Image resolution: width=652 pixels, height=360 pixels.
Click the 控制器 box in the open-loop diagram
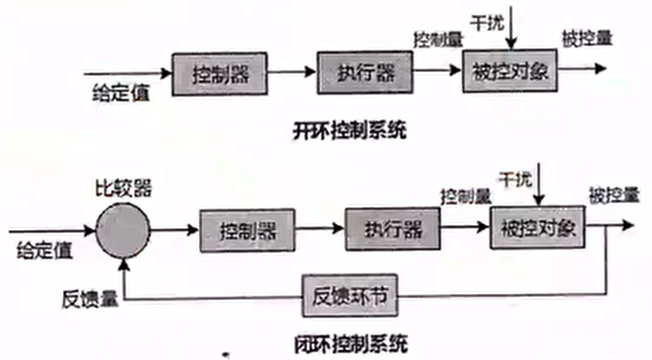click(x=219, y=74)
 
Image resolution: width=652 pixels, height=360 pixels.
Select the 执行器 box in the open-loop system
click(x=365, y=73)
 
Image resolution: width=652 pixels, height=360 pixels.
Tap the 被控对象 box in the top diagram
click(x=510, y=71)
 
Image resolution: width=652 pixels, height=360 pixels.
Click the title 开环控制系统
click(x=349, y=131)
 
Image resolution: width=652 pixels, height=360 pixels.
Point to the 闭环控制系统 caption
click(x=351, y=345)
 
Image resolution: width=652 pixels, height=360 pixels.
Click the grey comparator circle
click(x=123, y=231)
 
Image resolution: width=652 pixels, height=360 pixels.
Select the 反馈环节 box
click(x=350, y=295)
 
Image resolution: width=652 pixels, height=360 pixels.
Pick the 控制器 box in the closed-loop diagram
click(x=247, y=231)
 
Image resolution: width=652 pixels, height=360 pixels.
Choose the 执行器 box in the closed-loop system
click(x=393, y=229)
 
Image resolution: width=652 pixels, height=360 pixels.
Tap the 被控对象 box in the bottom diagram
click(x=537, y=227)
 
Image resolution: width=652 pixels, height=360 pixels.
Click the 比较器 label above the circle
click(x=124, y=189)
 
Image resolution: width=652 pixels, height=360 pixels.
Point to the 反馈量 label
click(x=90, y=299)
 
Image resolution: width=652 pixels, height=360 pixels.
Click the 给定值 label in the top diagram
click(x=121, y=92)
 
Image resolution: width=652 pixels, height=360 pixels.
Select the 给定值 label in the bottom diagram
click(x=44, y=250)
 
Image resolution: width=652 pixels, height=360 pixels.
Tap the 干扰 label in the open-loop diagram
click(x=487, y=23)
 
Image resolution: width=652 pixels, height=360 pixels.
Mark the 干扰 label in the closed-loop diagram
click(x=515, y=180)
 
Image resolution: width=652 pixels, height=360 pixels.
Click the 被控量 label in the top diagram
click(x=587, y=38)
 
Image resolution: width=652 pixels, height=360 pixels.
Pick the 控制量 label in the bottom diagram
click(x=466, y=196)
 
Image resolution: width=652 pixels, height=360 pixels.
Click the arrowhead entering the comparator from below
click(x=124, y=264)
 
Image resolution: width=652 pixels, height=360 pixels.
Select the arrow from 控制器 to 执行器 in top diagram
click(x=292, y=72)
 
